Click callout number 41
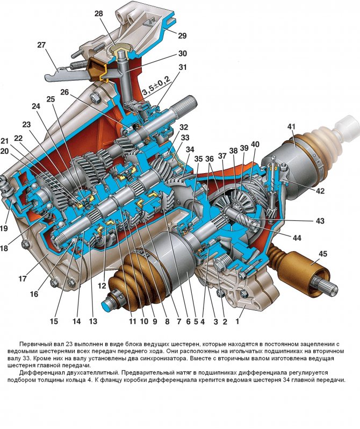point(291,127)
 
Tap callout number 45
point(322,254)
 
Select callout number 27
point(42,46)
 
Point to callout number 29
point(182,36)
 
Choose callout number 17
point(22,278)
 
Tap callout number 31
point(183,67)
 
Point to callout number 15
point(54,321)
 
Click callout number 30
point(183,54)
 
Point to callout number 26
point(65,92)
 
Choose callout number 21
point(5,141)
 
